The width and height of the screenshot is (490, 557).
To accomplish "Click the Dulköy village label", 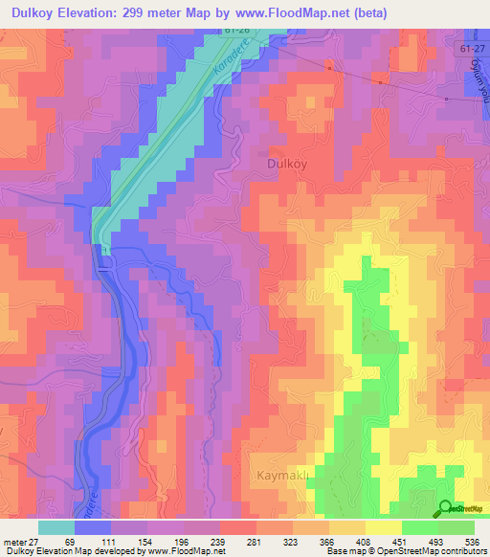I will tap(284, 164).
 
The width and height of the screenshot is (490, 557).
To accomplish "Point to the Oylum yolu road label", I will tap(480, 95).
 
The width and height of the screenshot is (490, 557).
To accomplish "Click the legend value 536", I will tap(472, 541).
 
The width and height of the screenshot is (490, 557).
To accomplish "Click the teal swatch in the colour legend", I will tap(56, 527).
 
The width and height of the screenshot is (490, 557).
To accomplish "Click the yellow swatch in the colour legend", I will tap(383, 527).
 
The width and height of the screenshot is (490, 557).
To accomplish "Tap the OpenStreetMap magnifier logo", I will tap(444, 508).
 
